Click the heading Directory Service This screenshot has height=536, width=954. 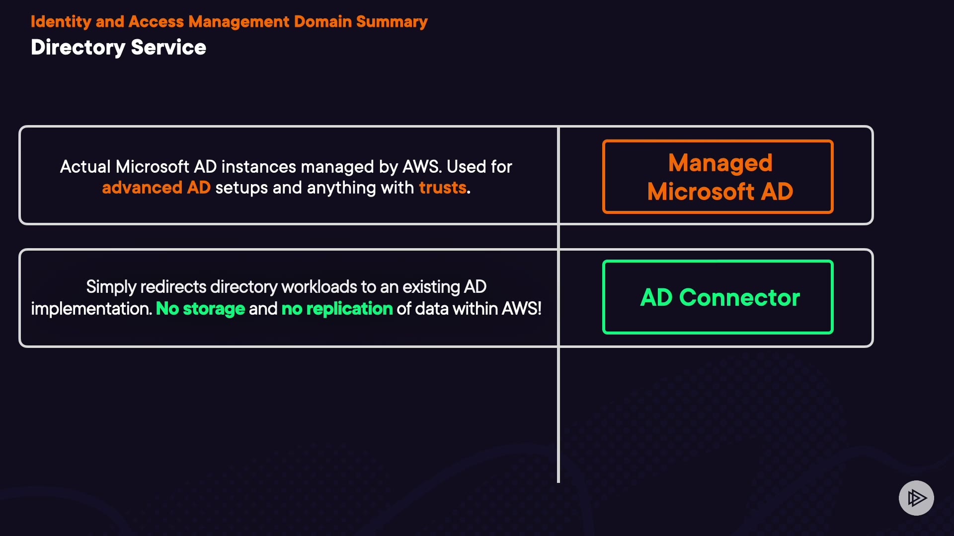(118, 48)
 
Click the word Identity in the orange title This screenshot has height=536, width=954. (61, 22)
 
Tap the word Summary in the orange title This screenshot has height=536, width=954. (392, 22)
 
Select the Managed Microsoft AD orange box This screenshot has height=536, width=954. (717, 177)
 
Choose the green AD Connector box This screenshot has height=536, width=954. (717, 297)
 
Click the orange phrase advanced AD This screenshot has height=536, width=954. (156, 188)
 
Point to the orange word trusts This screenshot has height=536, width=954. (442, 188)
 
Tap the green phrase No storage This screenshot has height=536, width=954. (200, 309)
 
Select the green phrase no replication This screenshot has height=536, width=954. (337, 309)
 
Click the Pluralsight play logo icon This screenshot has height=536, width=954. (916, 498)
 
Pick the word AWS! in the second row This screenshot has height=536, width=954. (521, 309)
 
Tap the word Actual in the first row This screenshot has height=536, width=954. (85, 167)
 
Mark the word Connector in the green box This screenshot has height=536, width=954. (739, 297)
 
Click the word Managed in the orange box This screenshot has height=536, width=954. (720, 163)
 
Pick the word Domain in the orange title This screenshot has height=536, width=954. (322, 22)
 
